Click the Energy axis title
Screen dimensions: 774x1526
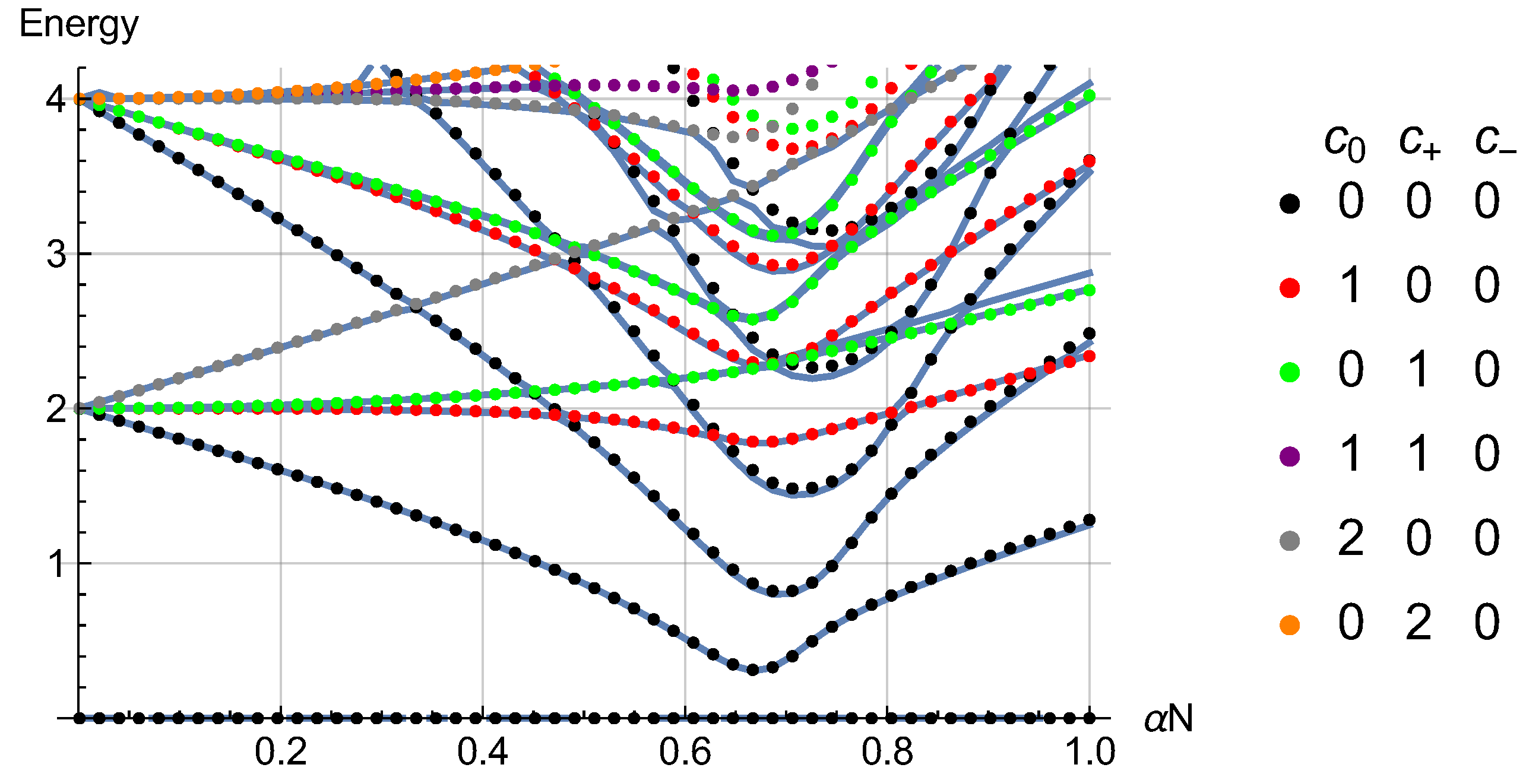click(x=78, y=25)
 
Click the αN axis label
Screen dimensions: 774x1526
click(x=1168, y=719)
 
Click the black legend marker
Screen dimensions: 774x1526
click(x=1290, y=204)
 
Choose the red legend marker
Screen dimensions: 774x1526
click(x=1290, y=288)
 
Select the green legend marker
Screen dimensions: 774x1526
click(x=1290, y=372)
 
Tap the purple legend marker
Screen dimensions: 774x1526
click(x=1290, y=456)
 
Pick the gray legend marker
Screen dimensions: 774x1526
click(x=1290, y=541)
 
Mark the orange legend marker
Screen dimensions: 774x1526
click(x=1290, y=625)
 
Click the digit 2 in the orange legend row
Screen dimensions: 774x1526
click(x=1419, y=623)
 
